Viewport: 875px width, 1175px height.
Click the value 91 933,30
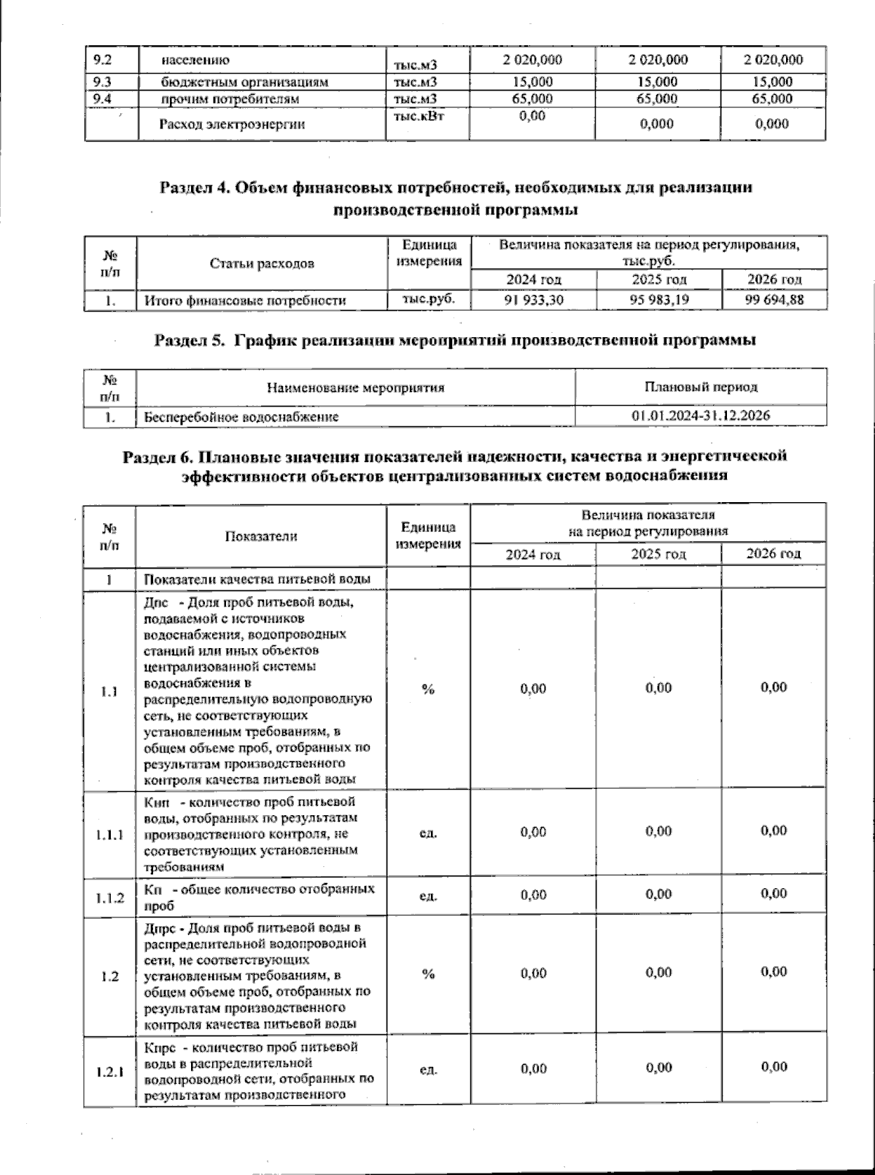pyautogui.click(x=534, y=300)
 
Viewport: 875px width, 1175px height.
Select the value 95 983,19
pyautogui.click(x=659, y=300)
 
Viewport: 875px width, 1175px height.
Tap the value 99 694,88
pyautogui.click(x=774, y=300)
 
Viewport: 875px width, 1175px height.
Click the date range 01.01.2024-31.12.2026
pyautogui.click(x=701, y=417)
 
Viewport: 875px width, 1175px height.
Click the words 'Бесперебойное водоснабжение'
pyautogui.click(x=241, y=417)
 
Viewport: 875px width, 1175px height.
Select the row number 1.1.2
pyautogui.click(x=109, y=898)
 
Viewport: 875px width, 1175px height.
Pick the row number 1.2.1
pyautogui.click(x=109, y=1072)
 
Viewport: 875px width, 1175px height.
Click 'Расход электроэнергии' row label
pyautogui.click(x=232, y=124)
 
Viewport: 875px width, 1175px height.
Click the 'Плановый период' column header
pyautogui.click(x=701, y=387)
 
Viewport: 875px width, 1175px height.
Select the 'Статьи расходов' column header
pyautogui.click(x=262, y=263)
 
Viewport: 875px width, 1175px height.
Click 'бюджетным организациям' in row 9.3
pyautogui.click(x=245, y=82)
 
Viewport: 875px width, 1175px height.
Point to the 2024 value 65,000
pyautogui.click(x=532, y=99)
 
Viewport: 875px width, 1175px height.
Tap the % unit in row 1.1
pyautogui.click(x=428, y=689)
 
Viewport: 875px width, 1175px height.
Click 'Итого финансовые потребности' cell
pyautogui.click(x=245, y=300)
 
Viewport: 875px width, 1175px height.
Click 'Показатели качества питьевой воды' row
pyautogui.click(x=257, y=579)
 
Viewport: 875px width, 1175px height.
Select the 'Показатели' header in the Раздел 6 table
pyautogui.click(x=261, y=536)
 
